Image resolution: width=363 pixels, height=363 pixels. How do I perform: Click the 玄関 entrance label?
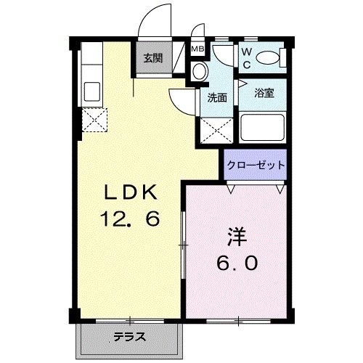[152, 59]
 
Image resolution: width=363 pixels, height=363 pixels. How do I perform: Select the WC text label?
[246, 57]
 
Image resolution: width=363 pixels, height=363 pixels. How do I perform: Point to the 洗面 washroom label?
[217, 97]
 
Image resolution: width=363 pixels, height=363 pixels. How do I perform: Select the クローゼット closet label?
[255, 165]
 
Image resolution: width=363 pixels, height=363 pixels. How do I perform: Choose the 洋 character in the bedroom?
[236, 237]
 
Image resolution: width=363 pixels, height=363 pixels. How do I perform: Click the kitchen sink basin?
[93, 91]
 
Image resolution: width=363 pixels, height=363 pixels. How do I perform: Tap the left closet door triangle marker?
[232, 187]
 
